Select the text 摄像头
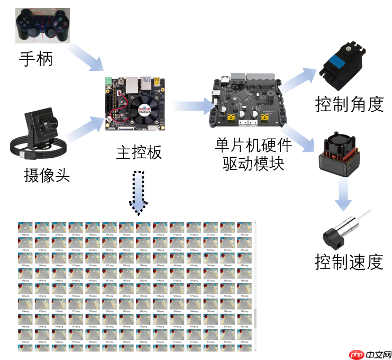point(47,175)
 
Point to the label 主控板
point(139,152)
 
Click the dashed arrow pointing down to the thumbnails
point(139,192)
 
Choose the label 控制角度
point(349,104)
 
